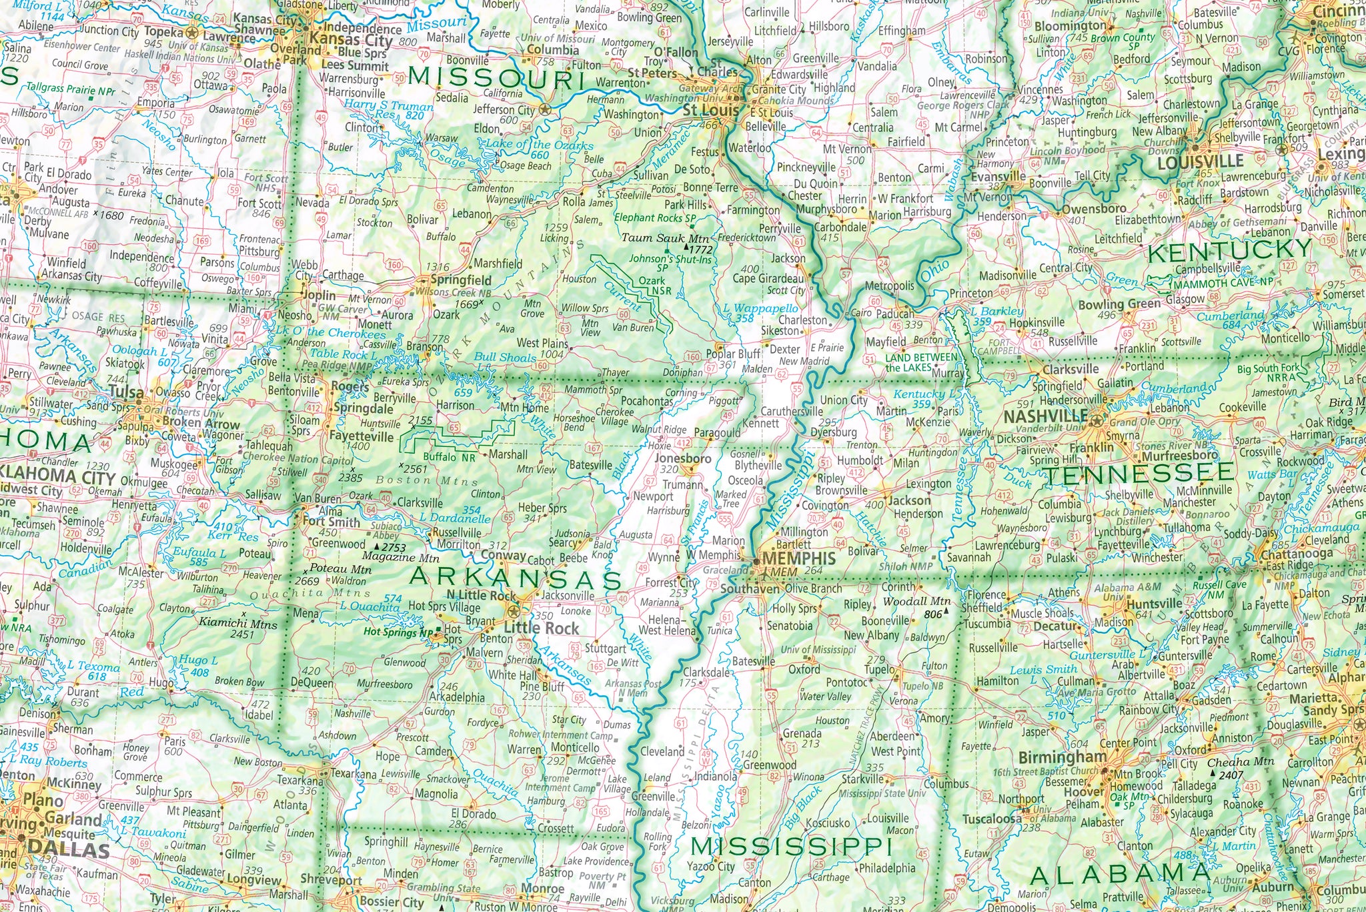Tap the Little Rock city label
[542, 628]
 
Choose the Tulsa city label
[126, 392]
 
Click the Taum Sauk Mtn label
[665, 238]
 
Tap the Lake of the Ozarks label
[539, 145]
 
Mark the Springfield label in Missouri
[461, 280]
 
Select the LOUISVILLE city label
[1200, 162]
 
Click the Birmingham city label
[1063, 757]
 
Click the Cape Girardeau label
[768, 279]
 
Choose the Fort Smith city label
[331, 522]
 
